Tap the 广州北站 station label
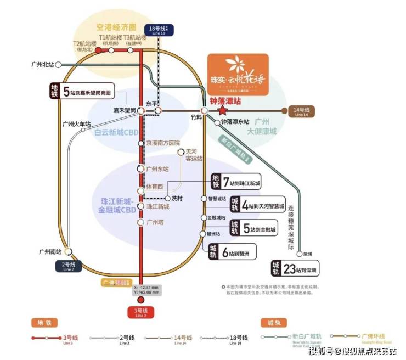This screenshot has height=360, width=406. tap(43, 65)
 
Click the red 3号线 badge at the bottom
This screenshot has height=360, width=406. tap(141, 313)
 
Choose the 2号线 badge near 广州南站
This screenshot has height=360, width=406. tap(68, 267)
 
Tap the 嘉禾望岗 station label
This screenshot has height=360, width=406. tap(125, 110)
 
